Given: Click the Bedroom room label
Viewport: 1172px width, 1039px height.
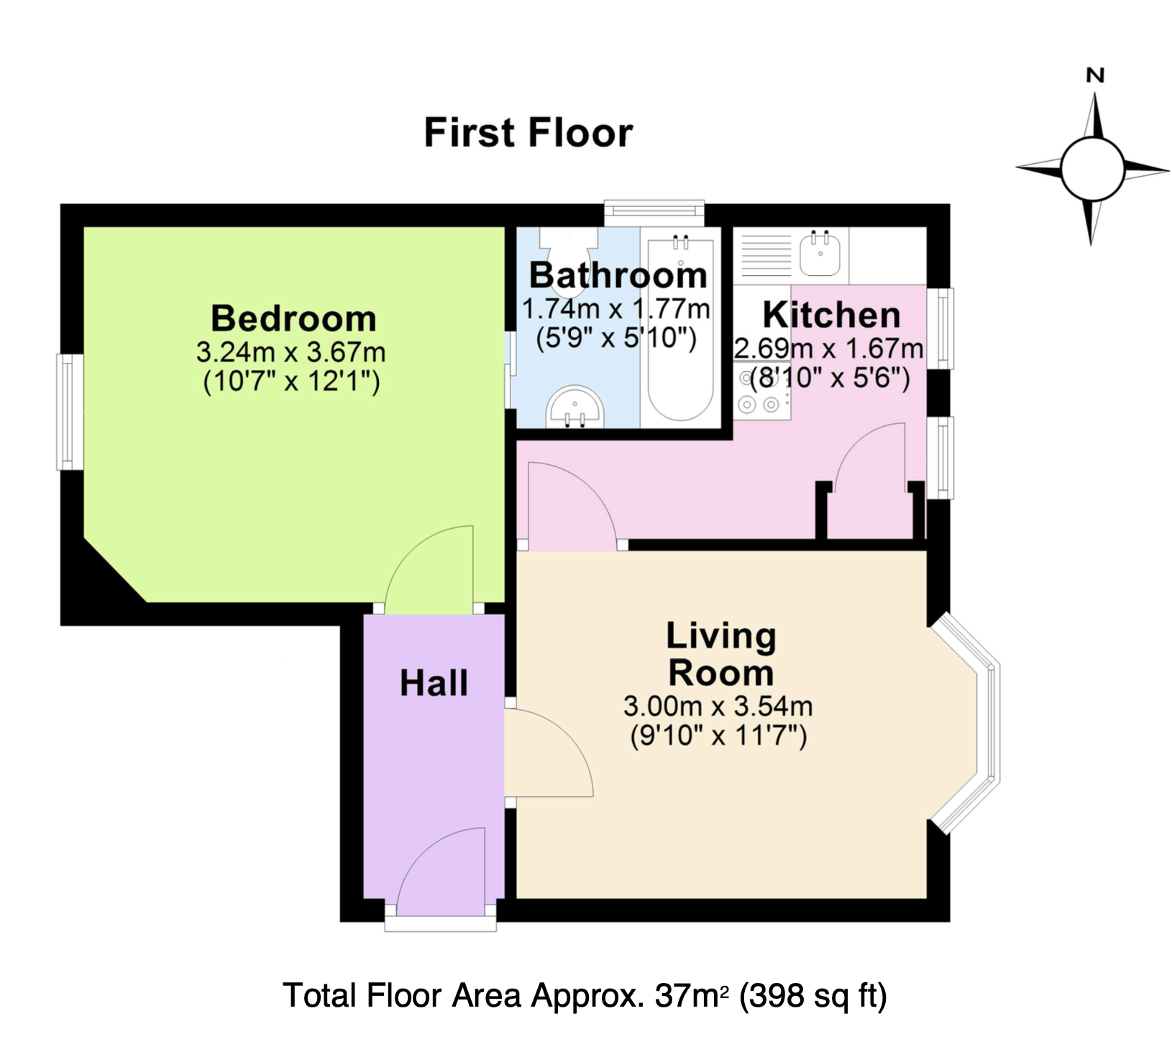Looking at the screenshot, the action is [x=293, y=318].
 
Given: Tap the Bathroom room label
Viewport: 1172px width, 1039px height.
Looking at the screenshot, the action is [x=618, y=275].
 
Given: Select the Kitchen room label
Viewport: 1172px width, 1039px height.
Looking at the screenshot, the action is [x=831, y=315].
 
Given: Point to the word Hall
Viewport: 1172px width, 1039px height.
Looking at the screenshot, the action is [x=434, y=683].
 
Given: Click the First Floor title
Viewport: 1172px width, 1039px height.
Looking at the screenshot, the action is [x=528, y=133].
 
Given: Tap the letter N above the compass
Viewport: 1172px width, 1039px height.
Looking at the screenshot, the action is [x=1095, y=75].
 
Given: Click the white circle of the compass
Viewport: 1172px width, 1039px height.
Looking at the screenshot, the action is [x=1091, y=170].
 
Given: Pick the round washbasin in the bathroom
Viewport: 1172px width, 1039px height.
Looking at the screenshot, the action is [x=574, y=407].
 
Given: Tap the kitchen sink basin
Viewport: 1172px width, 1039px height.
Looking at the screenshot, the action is [x=820, y=254].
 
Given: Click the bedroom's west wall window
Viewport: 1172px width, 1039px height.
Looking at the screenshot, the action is [x=70, y=412].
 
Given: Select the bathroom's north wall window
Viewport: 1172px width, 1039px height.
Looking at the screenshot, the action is [x=654, y=212].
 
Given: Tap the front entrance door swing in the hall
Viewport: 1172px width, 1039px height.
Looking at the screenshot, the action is [x=440, y=872].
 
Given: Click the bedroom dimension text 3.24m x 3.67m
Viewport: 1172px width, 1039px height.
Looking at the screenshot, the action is [x=291, y=353].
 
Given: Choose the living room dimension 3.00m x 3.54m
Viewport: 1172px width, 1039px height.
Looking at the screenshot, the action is [x=718, y=706].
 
